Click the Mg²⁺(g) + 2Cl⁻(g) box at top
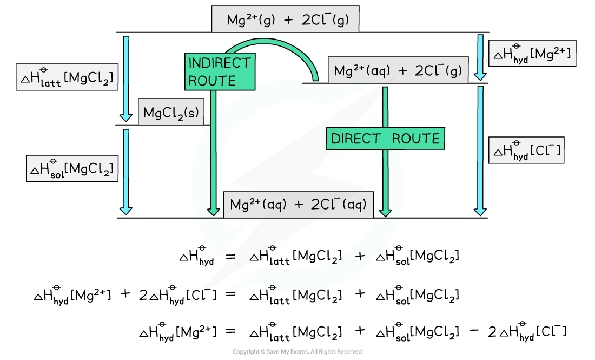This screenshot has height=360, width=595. (x=285, y=20)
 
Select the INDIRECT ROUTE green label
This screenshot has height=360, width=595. (x=220, y=71)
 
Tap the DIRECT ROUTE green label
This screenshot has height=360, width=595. (x=385, y=139)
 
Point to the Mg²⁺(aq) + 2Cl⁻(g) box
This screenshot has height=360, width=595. (x=398, y=71)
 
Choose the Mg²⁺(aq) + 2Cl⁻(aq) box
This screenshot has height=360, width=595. (x=298, y=205)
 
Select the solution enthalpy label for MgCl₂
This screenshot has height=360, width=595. (x=72, y=169)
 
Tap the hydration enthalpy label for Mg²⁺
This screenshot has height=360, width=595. (x=532, y=54)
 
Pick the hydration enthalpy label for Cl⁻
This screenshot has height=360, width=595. (x=526, y=150)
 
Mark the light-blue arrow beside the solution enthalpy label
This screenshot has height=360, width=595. (x=126, y=171)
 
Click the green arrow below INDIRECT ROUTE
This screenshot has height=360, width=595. (x=214, y=152)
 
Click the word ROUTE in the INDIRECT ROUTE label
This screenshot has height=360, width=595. (x=211, y=81)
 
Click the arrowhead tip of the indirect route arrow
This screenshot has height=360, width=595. (x=214, y=215)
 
